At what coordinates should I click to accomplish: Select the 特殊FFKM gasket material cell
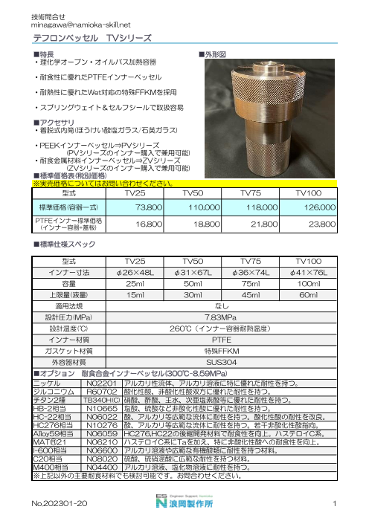pyautogui.click(x=226, y=349)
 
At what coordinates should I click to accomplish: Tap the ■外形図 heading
pyautogui.click(x=214, y=55)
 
